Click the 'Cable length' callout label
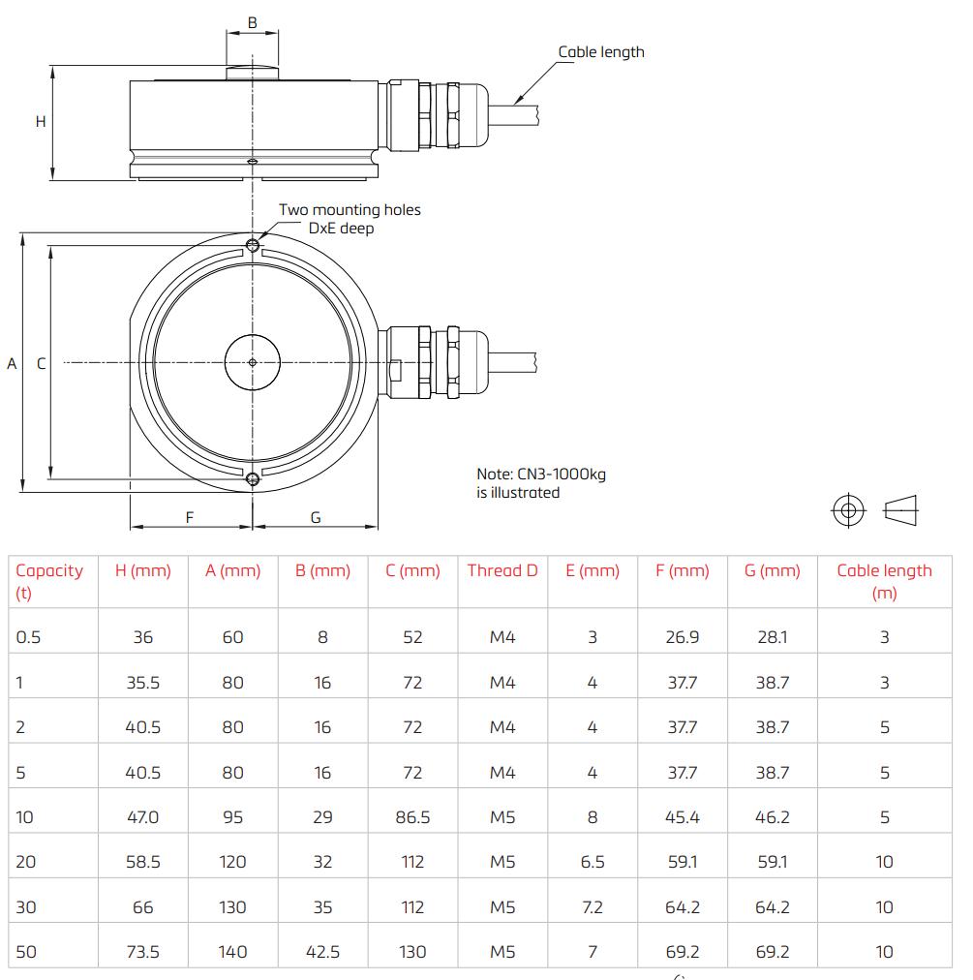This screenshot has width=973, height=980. [600, 52]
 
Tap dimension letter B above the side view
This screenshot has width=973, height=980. [252, 21]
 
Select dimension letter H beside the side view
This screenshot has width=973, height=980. [41, 122]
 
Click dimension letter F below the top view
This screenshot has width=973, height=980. [190, 517]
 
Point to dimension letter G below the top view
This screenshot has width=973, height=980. [316, 517]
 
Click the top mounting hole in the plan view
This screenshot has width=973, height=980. [253, 245]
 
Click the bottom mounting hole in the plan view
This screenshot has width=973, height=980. [253, 479]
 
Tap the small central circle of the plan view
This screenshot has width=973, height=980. [253, 362]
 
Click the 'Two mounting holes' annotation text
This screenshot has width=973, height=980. [350, 209]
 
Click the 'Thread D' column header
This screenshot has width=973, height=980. [502, 570]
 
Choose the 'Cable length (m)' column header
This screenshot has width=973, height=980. [884, 581]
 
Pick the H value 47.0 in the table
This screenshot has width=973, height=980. [143, 816]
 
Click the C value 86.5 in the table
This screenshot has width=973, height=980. [412, 816]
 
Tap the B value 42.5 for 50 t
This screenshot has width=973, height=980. [322, 951]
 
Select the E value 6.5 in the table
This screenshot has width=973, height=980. [593, 861]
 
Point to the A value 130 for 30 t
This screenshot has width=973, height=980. [232, 906]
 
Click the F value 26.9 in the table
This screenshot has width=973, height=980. [683, 636]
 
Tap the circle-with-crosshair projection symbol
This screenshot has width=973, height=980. [848, 510]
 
